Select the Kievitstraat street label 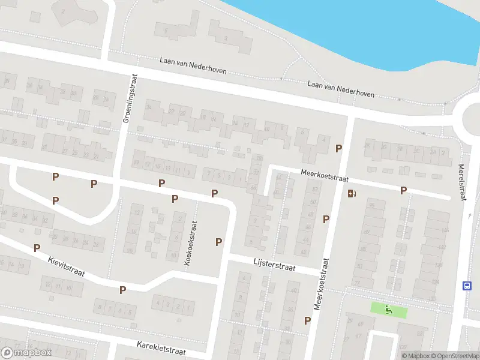click(x=67, y=268)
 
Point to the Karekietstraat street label click(x=161, y=349)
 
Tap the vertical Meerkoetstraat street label click(x=322, y=284)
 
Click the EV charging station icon click(x=352, y=193)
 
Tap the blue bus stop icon click(x=467, y=286)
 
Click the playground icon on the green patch click(x=389, y=310)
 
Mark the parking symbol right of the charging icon click(x=404, y=190)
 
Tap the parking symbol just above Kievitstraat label click(x=37, y=248)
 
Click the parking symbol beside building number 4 click(x=339, y=148)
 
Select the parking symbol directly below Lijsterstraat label click(x=307, y=320)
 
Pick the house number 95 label click(x=372, y=206)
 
